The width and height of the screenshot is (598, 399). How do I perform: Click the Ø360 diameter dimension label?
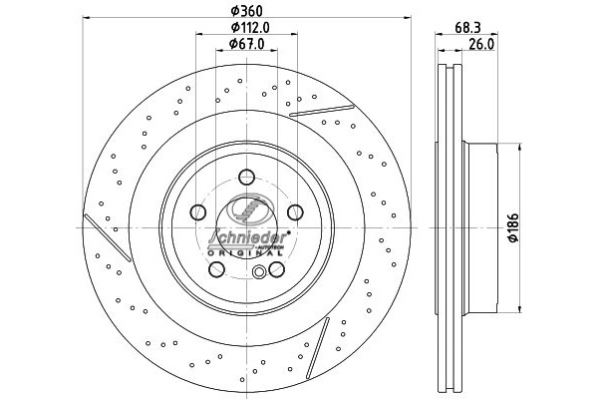[x=247, y=11]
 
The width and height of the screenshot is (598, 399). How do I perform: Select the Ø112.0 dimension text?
[x=250, y=28]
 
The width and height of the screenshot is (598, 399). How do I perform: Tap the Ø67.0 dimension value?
[x=246, y=44]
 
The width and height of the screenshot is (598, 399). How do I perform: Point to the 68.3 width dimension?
[x=467, y=28]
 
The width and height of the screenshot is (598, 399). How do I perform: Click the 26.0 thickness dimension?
[x=481, y=44]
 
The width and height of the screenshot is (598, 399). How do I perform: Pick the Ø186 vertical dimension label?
[x=513, y=227]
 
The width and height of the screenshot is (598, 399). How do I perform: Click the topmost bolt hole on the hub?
[x=246, y=177]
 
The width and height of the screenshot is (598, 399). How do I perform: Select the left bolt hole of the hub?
[x=198, y=211]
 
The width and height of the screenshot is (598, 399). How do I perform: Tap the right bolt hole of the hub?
[x=295, y=211]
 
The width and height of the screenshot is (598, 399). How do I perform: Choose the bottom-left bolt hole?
[x=216, y=269]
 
